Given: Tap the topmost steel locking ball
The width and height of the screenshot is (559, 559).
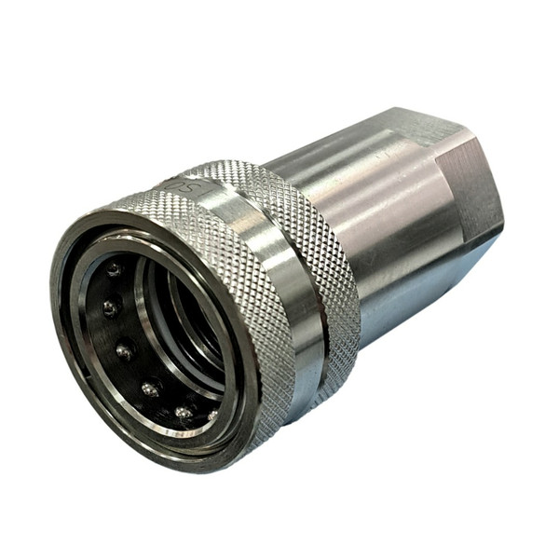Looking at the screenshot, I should (114, 270).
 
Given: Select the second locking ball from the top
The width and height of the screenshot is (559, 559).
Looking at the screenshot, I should (110, 308).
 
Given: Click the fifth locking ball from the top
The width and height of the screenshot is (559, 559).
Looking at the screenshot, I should (184, 411).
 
